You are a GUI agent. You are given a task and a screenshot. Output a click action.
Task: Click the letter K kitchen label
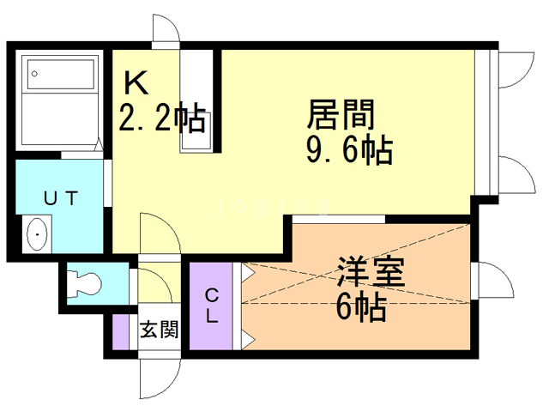click(136, 83)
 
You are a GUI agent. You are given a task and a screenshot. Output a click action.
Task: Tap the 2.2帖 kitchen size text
click(160, 118)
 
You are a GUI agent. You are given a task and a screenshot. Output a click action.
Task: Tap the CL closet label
click(211, 306)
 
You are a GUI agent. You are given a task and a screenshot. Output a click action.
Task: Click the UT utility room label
click(61, 197)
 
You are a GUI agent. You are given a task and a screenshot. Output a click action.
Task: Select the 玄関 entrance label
click(159, 329)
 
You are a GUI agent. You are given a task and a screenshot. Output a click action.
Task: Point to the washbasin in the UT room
click(38, 233)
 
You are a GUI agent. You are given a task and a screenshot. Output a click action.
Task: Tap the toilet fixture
click(87, 280)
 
